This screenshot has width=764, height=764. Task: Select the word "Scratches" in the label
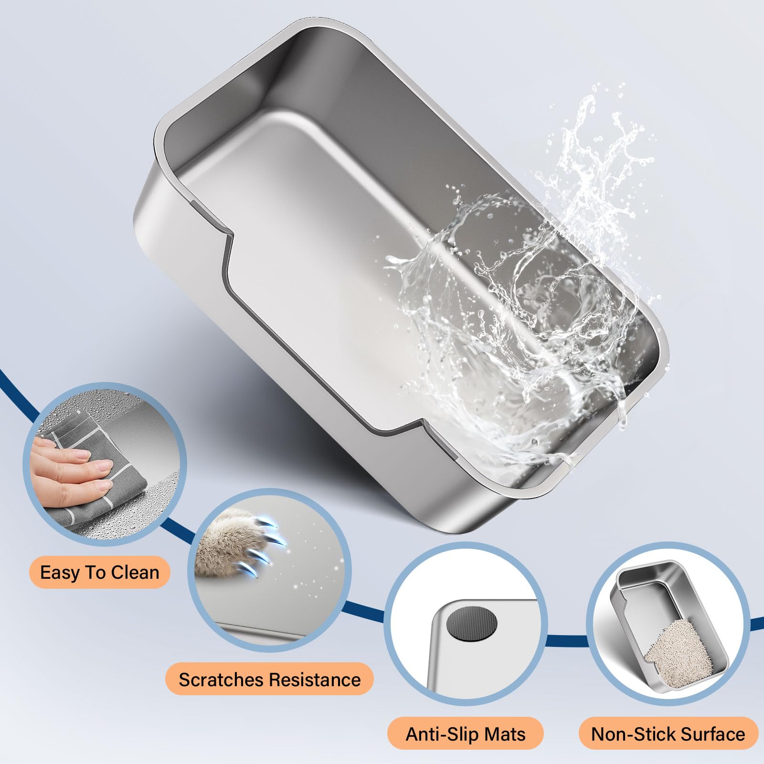point(222,679)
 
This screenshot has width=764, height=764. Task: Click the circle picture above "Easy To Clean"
point(104,463)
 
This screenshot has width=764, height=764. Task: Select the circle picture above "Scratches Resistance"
point(270,568)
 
